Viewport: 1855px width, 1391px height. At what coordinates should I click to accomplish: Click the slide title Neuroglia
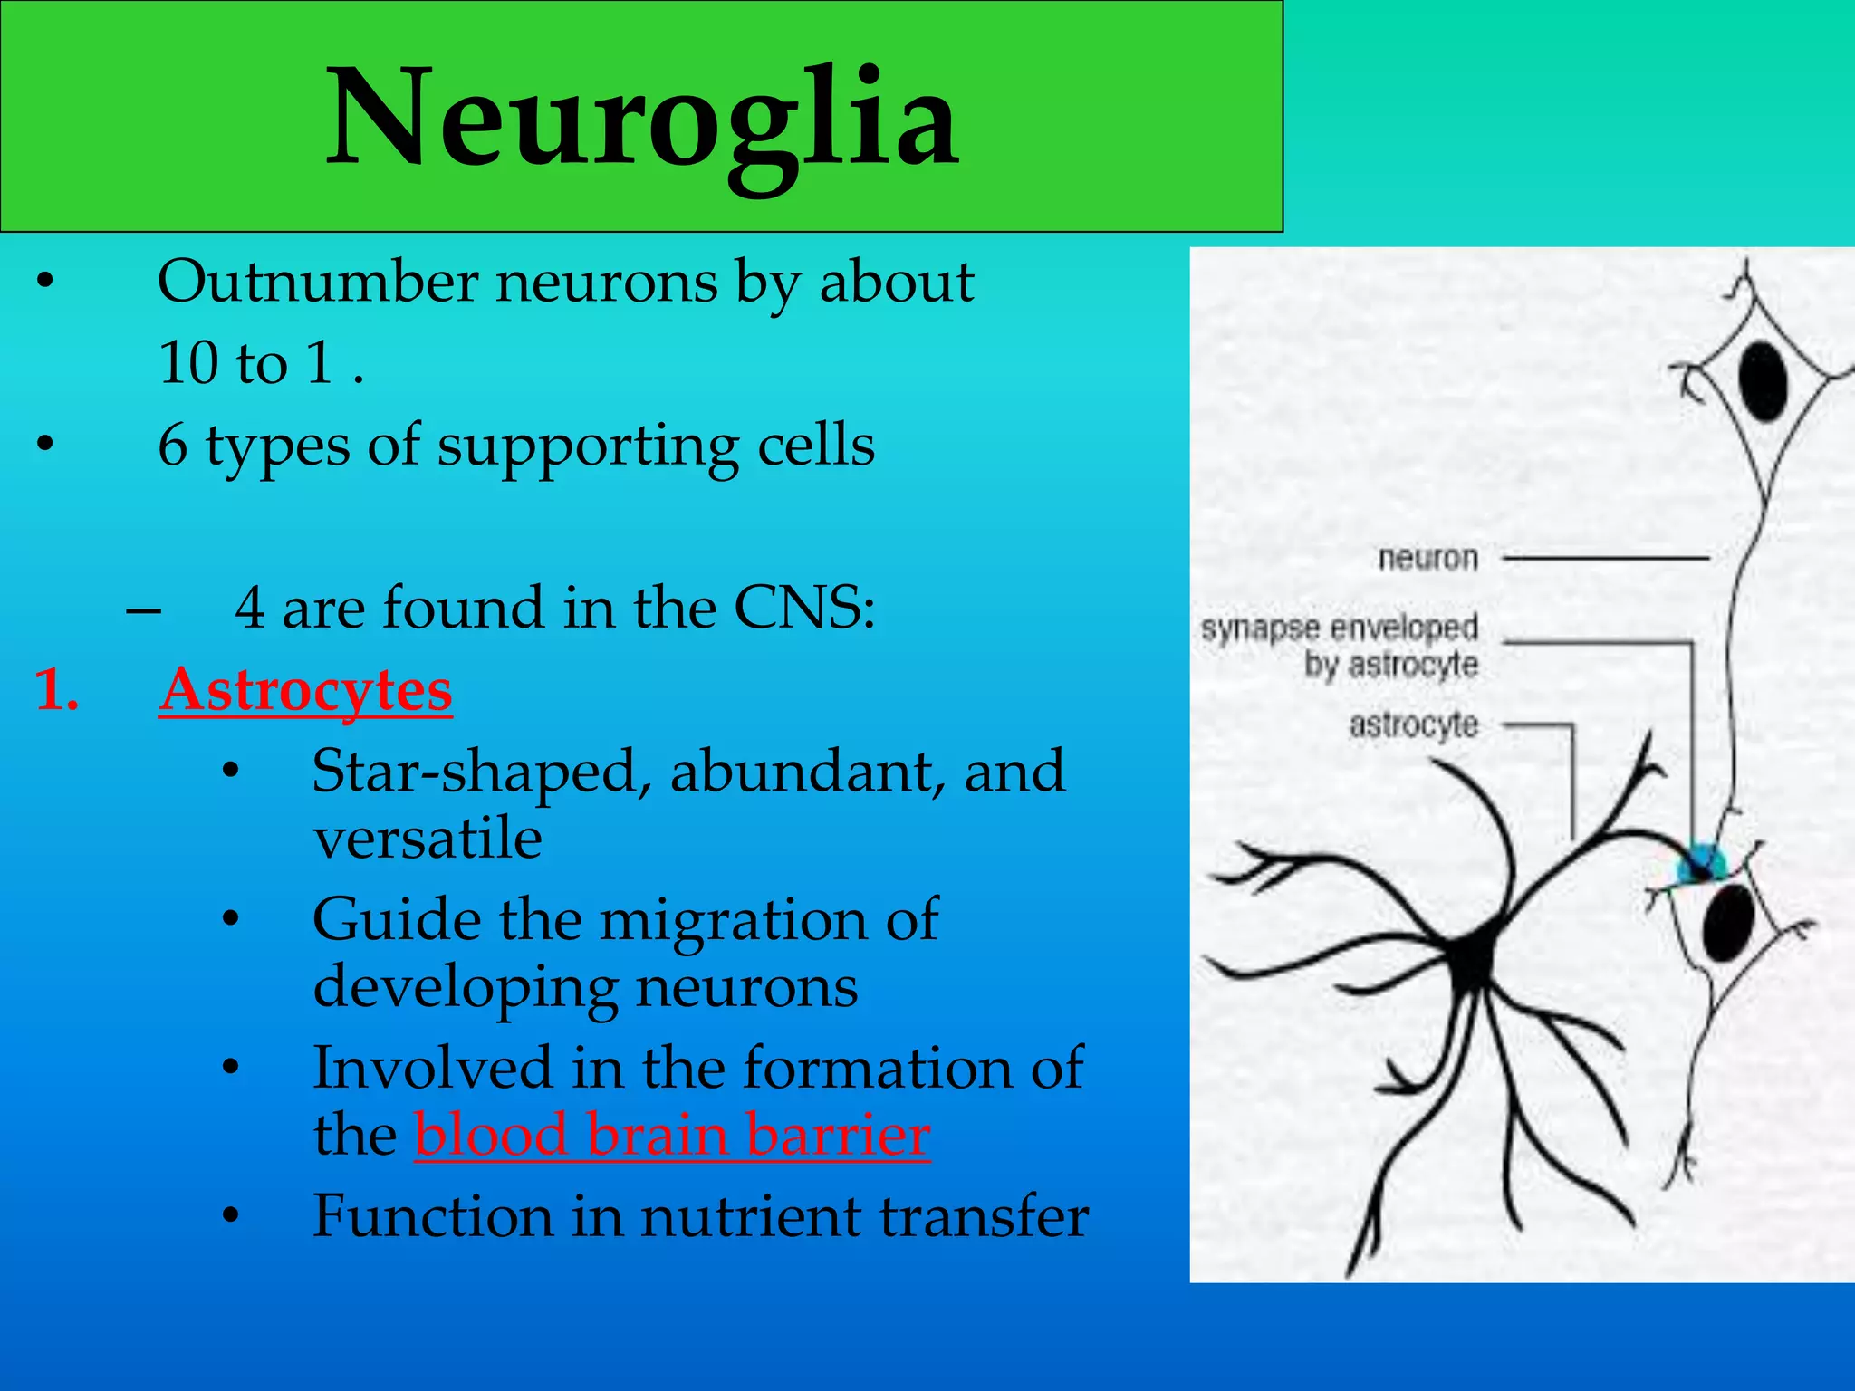pyautogui.click(x=642, y=119)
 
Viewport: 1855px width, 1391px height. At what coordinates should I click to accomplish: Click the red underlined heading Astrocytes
pyautogui.click(x=305, y=690)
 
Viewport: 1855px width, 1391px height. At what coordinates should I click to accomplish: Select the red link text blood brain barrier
pyautogui.click(x=672, y=1134)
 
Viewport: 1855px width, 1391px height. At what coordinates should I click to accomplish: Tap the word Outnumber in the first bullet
pyautogui.click(x=317, y=282)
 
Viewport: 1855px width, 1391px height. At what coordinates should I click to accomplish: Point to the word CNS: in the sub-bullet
pyautogui.click(x=804, y=608)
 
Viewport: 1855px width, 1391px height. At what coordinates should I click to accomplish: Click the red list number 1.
pyautogui.click(x=56, y=690)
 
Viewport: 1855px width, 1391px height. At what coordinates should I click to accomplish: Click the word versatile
pyautogui.click(x=428, y=838)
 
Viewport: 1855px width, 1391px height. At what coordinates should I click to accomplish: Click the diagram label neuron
pyautogui.click(x=1428, y=558)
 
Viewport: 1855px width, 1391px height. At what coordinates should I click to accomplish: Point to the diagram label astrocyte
pyautogui.click(x=1414, y=724)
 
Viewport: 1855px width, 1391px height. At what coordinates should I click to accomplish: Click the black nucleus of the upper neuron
pyautogui.click(x=1762, y=381)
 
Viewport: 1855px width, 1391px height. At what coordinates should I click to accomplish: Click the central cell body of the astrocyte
pyautogui.click(x=1472, y=960)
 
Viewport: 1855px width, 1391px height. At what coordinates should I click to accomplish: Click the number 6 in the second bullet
pyautogui.click(x=172, y=446)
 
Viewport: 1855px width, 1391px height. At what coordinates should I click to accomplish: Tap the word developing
pyautogui.click(x=465, y=987)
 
